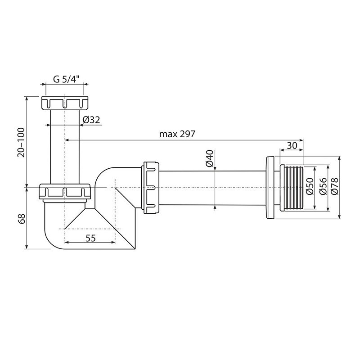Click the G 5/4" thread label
[66, 79]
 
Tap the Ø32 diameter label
[91, 120]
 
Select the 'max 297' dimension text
[177, 134]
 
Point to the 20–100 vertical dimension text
[21, 142]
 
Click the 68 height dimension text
[21, 219]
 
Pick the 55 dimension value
[90, 238]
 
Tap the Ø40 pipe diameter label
[210, 158]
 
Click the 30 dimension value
[292, 145]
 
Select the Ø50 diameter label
[310, 186]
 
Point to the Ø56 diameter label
[323, 186]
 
